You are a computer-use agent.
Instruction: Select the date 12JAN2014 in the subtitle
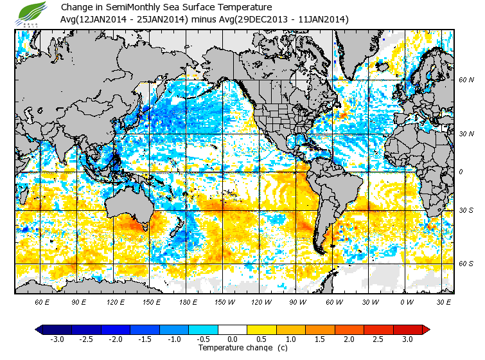click(106, 19)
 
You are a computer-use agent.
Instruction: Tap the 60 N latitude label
click(466, 80)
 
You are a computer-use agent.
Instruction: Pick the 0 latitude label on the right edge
click(460, 172)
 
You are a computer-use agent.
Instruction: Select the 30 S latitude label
click(466, 211)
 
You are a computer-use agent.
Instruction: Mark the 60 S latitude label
click(466, 264)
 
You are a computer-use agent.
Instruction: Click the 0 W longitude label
click(406, 301)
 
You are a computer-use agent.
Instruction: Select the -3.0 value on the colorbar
click(57, 339)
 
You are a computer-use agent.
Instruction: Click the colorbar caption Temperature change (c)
click(233, 348)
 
